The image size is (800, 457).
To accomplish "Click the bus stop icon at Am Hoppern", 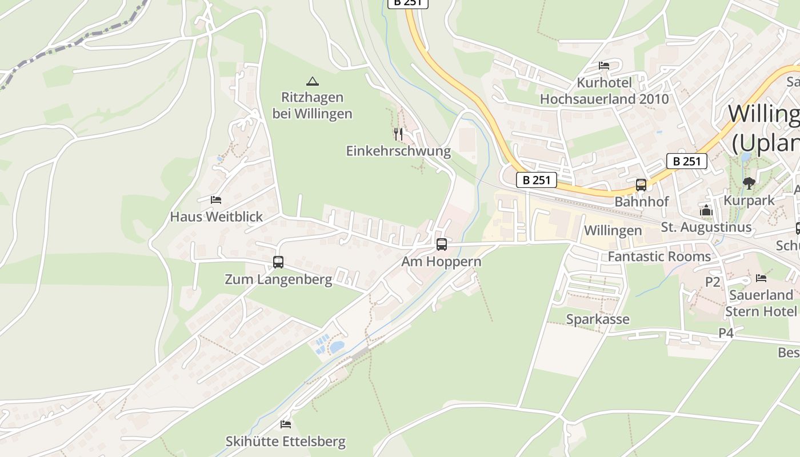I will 441,244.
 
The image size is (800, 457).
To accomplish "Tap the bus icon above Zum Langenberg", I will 278,262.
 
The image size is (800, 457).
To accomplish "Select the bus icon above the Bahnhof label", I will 641,185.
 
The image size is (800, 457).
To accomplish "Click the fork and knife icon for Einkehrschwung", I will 398,134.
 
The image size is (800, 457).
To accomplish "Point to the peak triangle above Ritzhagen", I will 312,81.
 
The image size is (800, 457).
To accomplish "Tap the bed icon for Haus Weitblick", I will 216,199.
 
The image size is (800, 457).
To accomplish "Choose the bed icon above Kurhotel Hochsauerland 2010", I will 604,66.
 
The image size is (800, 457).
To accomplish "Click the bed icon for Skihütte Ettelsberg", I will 286,424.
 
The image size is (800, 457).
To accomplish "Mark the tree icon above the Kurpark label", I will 749,183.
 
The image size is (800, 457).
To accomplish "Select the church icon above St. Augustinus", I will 706,210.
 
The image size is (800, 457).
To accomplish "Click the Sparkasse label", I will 598,319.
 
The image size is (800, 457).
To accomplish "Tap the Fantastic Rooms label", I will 659,256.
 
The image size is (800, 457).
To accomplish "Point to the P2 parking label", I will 713,282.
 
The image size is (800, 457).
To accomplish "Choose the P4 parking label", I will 726,333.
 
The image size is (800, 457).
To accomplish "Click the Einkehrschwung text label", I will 398,151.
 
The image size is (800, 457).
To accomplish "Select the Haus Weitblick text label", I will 217,217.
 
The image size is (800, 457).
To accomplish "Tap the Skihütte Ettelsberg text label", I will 286,442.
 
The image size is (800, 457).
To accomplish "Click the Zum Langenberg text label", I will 278,280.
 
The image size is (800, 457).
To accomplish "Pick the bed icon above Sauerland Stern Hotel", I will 761,278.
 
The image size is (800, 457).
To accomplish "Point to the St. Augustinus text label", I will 706,227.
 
